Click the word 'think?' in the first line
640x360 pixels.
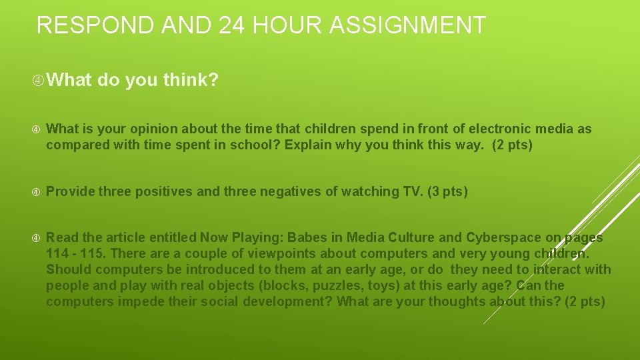(190, 81)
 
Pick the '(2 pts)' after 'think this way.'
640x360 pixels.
(512, 145)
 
